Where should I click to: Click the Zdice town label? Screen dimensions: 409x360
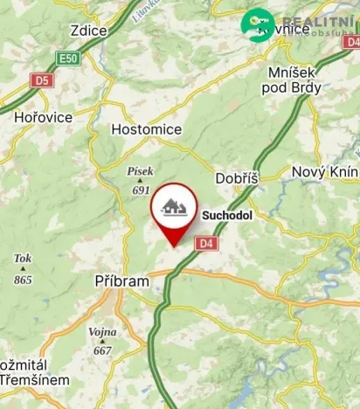pyautogui.click(x=89, y=31)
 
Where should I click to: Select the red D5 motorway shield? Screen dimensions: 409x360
pyautogui.click(x=40, y=80)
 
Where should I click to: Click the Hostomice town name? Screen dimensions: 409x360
pyautogui.click(x=147, y=129)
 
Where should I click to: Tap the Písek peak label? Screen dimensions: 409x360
pyautogui.click(x=141, y=172)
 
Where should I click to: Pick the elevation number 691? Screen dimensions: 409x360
pyautogui.click(x=141, y=189)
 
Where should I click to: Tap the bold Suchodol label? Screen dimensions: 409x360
pyautogui.click(x=227, y=212)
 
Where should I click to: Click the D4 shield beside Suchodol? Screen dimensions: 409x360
pyautogui.click(x=204, y=243)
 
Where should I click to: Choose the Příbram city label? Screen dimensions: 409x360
pyautogui.click(x=124, y=282)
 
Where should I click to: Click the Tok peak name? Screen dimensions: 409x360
pyautogui.click(x=23, y=259)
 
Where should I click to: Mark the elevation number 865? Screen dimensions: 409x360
pyautogui.click(x=23, y=280)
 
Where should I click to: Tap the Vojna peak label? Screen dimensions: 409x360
pyautogui.click(x=102, y=333)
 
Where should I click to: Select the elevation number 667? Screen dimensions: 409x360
pyautogui.click(x=102, y=350)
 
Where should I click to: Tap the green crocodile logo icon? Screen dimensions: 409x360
pyautogui.click(x=258, y=24)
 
